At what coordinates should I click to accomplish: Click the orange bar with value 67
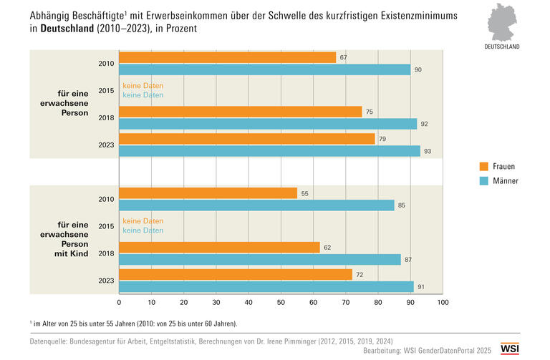pos(227,57)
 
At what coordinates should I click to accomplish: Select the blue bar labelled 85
pos(256,205)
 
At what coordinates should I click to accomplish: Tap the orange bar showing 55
pos(208,193)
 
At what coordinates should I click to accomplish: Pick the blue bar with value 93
pos(269,151)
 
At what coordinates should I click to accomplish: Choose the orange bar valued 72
pos(236,275)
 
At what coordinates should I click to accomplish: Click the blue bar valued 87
pos(259,260)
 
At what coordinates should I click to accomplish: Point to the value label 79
pos(383,139)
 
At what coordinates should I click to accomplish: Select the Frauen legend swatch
pos(484,167)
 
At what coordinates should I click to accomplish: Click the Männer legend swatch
pos(484,181)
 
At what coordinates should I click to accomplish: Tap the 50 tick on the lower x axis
pos(281,303)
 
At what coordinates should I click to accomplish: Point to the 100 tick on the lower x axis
pos(443,303)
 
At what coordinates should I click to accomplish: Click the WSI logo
pos(510,349)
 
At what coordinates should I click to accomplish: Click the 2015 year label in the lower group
pos(106,226)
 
